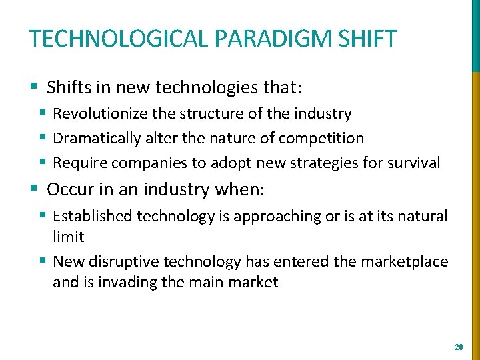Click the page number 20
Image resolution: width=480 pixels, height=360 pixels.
pyautogui.click(x=458, y=347)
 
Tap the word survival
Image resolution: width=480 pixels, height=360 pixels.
pyautogui.click(x=415, y=163)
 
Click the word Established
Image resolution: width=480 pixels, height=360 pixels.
pyautogui.click(x=93, y=216)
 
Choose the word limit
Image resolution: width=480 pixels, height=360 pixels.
pyautogui.click(x=68, y=237)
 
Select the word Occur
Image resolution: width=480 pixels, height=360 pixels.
pyautogui.click(x=66, y=189)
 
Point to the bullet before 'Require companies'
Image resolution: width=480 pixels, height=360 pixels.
pyautogui.click(x=43, y=163)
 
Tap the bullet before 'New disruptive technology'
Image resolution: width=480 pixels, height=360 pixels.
pyautogui.click(x=43, y=261)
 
